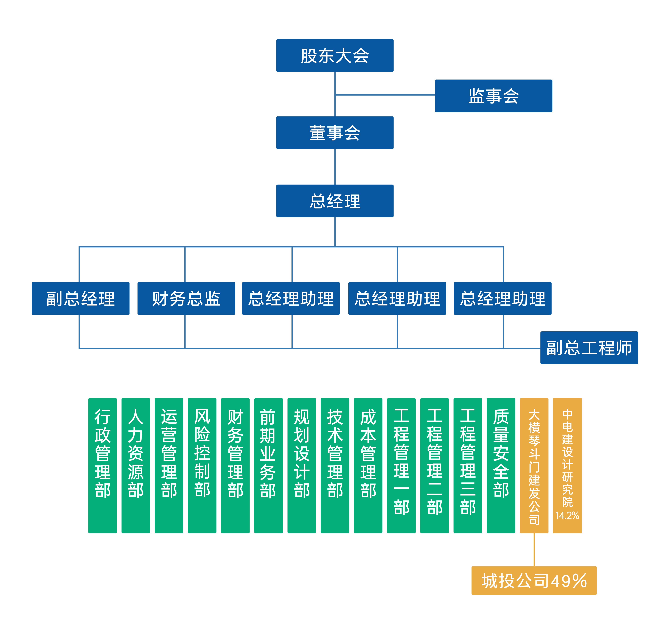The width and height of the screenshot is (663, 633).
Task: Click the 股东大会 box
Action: (x=335, y=55)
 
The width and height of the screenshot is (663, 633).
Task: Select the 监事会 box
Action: (x=493, y=96)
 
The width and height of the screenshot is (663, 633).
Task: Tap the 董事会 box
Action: (x=335, y=133)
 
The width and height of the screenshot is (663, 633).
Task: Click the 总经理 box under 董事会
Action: (x=335, y=201)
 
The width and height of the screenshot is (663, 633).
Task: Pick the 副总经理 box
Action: (x=81, y=298)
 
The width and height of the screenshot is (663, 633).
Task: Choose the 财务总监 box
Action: (x=186, y=298)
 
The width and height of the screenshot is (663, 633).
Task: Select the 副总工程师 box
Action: (x=589, y=347)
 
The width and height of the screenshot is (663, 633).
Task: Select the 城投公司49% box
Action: (x=534, y=580)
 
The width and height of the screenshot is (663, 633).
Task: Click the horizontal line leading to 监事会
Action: (x=384, y=95)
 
